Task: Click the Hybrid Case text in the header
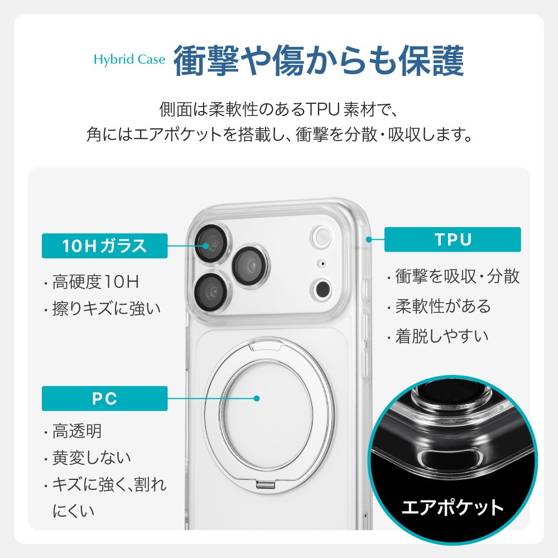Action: pyautogui.click(x=129, y=60)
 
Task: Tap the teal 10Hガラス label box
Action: pyautogui.click(x=105, y=246)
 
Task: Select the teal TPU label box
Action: pyautogui.click(x=453, y=239)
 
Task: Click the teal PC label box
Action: pyautogui.click(x=105, y=398)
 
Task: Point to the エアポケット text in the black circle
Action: pyautogui.click(x=453, y=507)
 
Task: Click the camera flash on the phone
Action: pyautogui.click(x=322, y=235)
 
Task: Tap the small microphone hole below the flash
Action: pyautogui.click(x=322, y=264)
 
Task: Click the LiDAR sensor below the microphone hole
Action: pyautogui.click(x=322, y=288)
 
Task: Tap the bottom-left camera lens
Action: pyautogui.click(x=211, y=291)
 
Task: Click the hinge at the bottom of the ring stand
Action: pyautogui.click(x=265, y=484)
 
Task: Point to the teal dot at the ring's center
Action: pyautogui.click(x=257, y=398)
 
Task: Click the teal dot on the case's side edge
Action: pyautogui.click(x=369, y=239)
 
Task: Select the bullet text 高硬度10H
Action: pyautogui.click(x=95, y=282)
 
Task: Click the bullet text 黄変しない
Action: pyautogui.click(x=92, y=458)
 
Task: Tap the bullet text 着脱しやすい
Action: pyautogui.click(x=441, y=336)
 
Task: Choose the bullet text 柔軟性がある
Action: pyautogui.click(x=443, y=306)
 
